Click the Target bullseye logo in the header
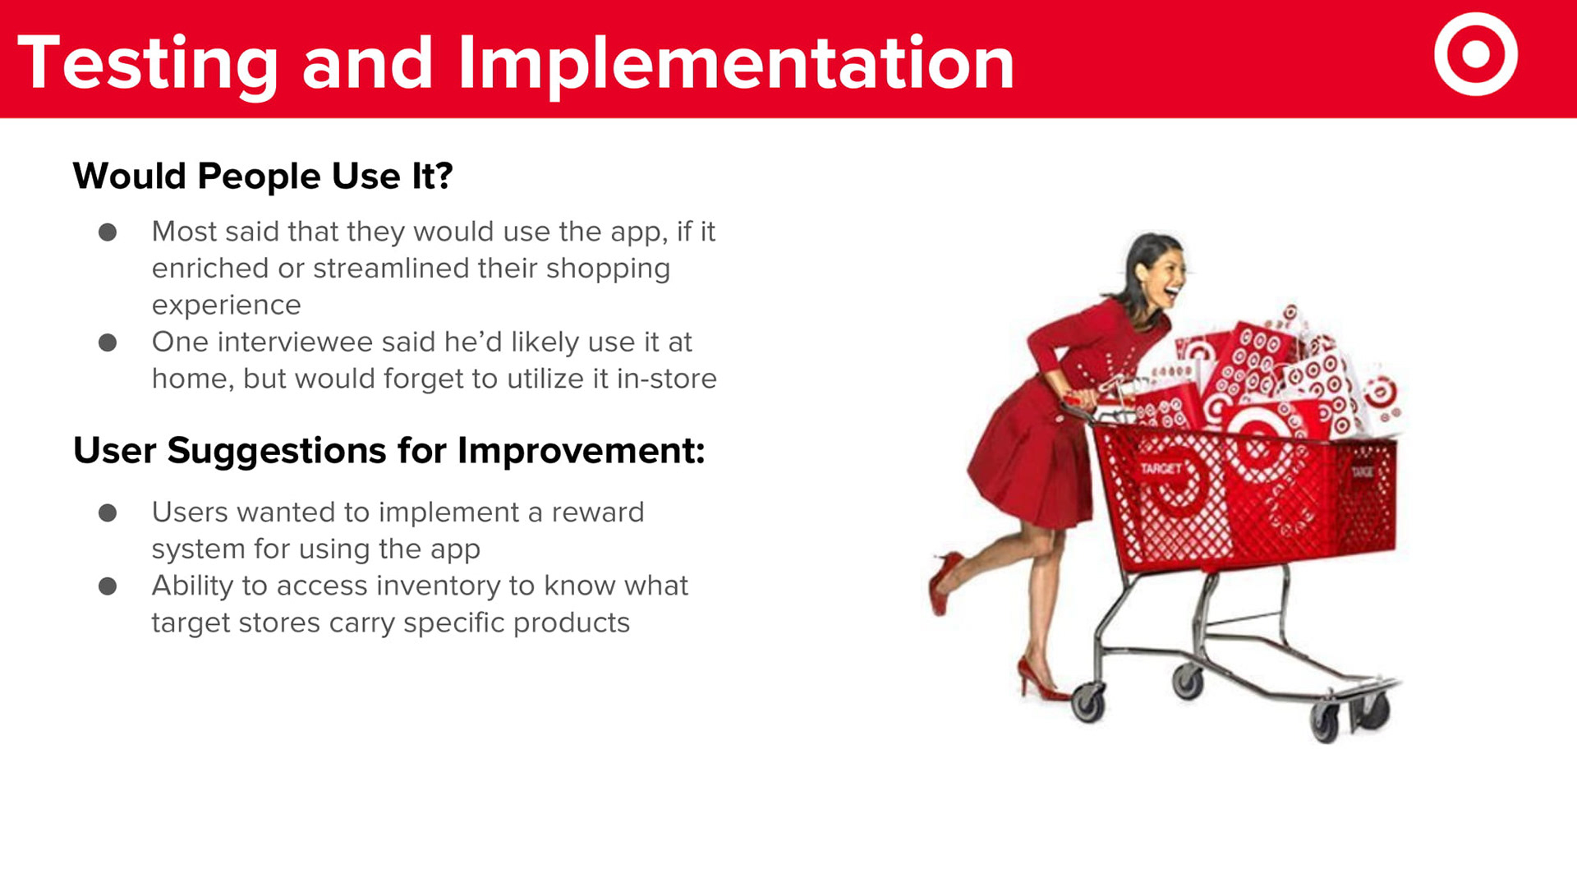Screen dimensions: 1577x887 point(1476,54)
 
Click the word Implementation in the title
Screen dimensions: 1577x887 point(736,64)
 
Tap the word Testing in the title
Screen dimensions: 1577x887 point(148,64)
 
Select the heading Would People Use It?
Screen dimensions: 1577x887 point(263,176)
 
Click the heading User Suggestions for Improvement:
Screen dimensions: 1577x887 point(389,451)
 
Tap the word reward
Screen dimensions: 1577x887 point(598,512)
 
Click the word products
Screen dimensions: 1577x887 point(572,623)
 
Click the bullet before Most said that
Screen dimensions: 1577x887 point(108,232)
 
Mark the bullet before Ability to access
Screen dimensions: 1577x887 point(108,586)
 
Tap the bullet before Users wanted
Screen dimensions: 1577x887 point(108,513)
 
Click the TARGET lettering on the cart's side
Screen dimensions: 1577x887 point(1161,468)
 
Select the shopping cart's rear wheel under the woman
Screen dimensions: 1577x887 point(1088,703)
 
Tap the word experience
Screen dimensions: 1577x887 point(227,306)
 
